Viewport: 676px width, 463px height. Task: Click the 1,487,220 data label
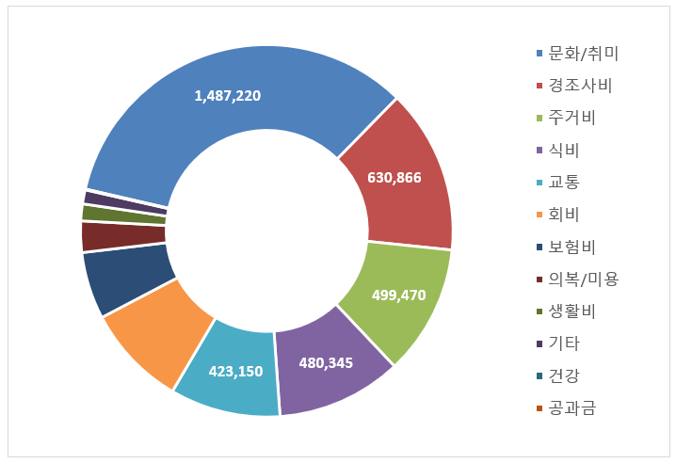point(227,96)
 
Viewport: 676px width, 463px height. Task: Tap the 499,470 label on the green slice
point(398,295)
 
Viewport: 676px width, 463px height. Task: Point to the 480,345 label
point(325,361)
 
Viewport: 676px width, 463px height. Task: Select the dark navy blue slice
point(126,279)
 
